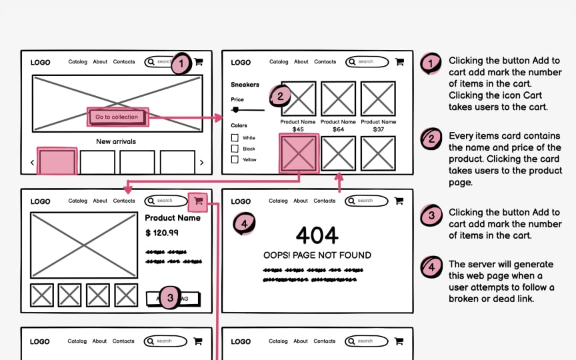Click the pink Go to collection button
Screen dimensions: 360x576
coord(117,117)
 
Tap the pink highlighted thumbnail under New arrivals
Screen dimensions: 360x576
coord(57,162)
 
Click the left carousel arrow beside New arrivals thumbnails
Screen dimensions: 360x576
coord(32,163)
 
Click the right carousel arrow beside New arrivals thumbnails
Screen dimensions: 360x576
coord(201,163)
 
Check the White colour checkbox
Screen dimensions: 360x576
coord(235,138)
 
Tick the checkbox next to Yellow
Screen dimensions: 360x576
coord(235,160)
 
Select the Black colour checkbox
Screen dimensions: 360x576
coord(235,149)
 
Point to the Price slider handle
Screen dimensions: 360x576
coord(235,110)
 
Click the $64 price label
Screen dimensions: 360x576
coord(338,129)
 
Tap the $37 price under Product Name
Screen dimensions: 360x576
coord(378,129)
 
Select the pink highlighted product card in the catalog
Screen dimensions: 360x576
coord(298,153)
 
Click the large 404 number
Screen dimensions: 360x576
coord(317,235)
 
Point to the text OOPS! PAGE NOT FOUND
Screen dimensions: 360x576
coord(317,255)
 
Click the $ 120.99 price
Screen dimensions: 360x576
coord(162,233)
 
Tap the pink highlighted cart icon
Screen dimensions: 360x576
coord(198,201)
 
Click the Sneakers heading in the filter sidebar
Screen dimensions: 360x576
coord(245,85)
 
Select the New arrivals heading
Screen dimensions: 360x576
coord(117,141)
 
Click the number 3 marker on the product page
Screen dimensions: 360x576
coord(170,299)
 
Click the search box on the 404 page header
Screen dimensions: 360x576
coord(367,201)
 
